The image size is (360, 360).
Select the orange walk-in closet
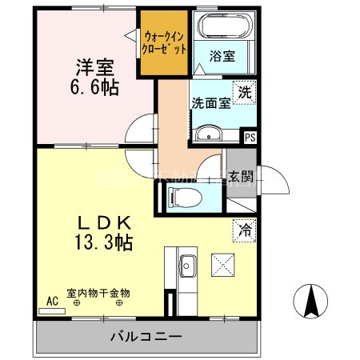coord(166,42)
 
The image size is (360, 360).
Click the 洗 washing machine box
coord(244,92)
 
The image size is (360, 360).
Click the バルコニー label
coord(146,336)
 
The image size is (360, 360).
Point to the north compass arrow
coord(311,300)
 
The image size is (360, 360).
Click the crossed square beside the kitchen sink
coord(222,264)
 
